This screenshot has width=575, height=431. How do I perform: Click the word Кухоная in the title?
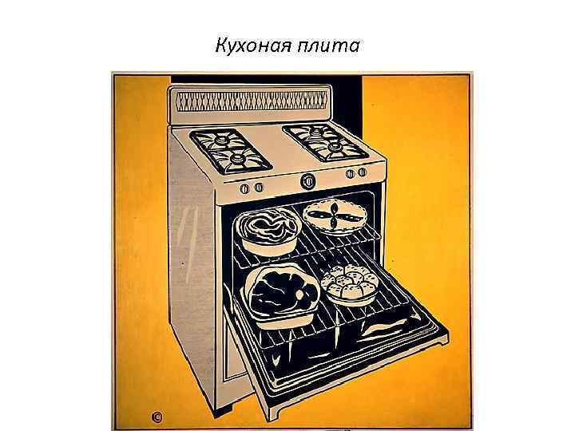pyautogui.click(x=253, y=45)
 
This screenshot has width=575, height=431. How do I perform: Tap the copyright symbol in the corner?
pyautogui.click(x=157, y=417)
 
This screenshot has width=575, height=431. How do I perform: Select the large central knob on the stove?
pyautogui.click(x=308, y=181)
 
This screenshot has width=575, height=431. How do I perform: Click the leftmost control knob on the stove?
pyautogui.click(x=244, y=189)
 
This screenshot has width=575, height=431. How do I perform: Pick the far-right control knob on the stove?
pyautogui.click(x=362, y=172)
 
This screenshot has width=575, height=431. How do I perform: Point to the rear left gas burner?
pyautogui.click(x=220, y=140)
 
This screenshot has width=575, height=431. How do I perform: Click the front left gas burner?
pyautogui.click(x=239, y=158)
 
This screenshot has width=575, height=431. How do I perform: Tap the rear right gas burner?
pyautogui.click(x=315, y=131)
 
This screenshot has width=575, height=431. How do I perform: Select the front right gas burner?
pyautogui.click(x=334, y=147)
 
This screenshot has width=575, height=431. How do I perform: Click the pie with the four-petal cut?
pyautogui.click(x=335, y=216)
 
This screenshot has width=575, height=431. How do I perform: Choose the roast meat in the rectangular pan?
pyautogui.click(x=283, y=292)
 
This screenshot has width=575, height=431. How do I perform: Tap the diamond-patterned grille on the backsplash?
pyautogui.click(x=252, y=101)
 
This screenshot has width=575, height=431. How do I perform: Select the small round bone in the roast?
pyautogui.click(x=299, y=295)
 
